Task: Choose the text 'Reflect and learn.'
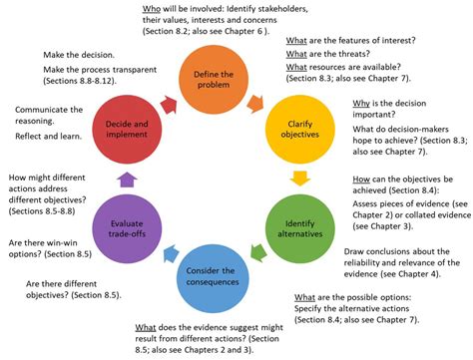click(x=58, y=129)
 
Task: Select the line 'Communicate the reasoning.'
click(x=55, y=109)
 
